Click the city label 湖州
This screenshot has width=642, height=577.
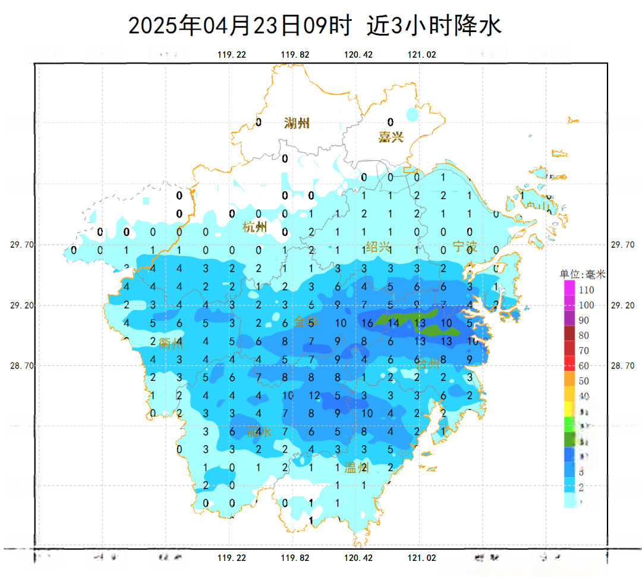297,124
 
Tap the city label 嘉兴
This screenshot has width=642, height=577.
391,137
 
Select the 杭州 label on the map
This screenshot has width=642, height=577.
255,227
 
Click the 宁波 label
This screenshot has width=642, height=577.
465,247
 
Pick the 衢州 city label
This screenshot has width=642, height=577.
171,343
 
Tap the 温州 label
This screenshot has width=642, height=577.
357,468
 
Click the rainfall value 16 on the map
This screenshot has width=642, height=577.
366,323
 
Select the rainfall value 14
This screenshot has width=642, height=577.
393,323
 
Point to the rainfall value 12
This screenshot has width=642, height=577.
314,395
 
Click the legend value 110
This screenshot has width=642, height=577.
586,291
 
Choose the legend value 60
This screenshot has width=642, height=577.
584,366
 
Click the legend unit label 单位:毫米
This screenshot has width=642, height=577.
582,275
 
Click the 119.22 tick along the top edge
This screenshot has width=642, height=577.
232,55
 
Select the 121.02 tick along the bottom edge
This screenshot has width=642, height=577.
421,559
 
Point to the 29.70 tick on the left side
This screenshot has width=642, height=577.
23,245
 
